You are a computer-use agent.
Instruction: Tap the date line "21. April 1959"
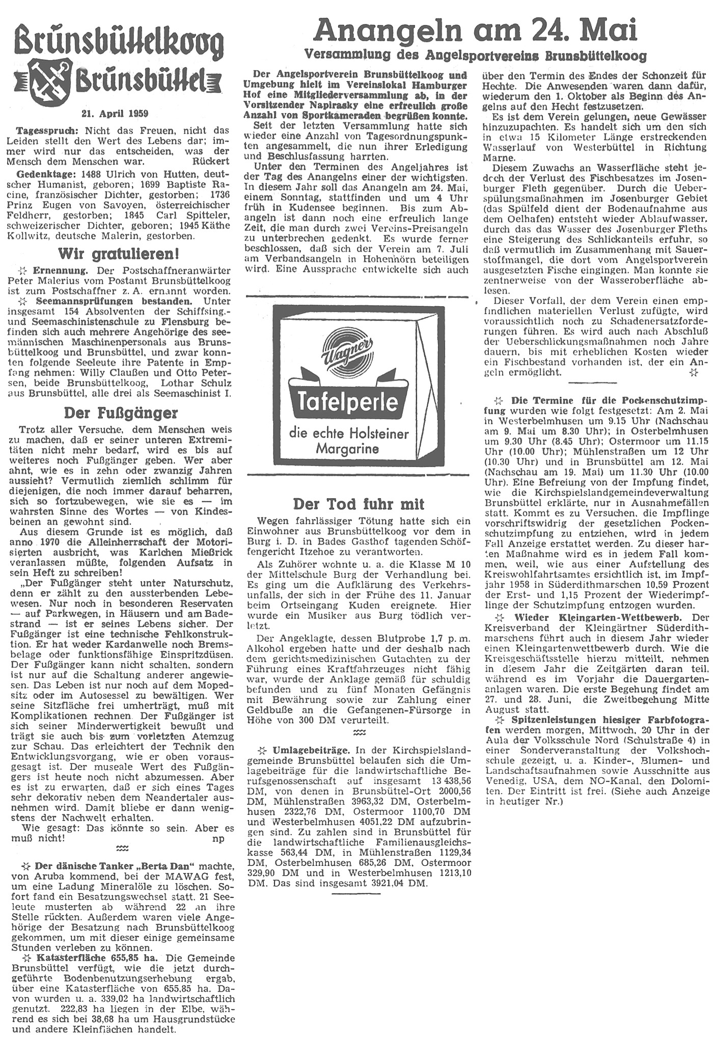coord(115,113)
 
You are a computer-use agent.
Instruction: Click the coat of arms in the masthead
coord(50,81)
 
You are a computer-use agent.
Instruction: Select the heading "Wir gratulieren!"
coord(119,253)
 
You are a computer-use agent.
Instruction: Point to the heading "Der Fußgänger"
coord(121,412)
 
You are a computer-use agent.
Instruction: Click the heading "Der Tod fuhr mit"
coord(359,504)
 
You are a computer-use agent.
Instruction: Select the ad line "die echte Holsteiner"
coord(349,433)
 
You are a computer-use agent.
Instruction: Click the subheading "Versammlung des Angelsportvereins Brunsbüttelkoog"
coord(475,55)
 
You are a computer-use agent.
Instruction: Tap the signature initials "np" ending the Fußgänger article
coord(217,839)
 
